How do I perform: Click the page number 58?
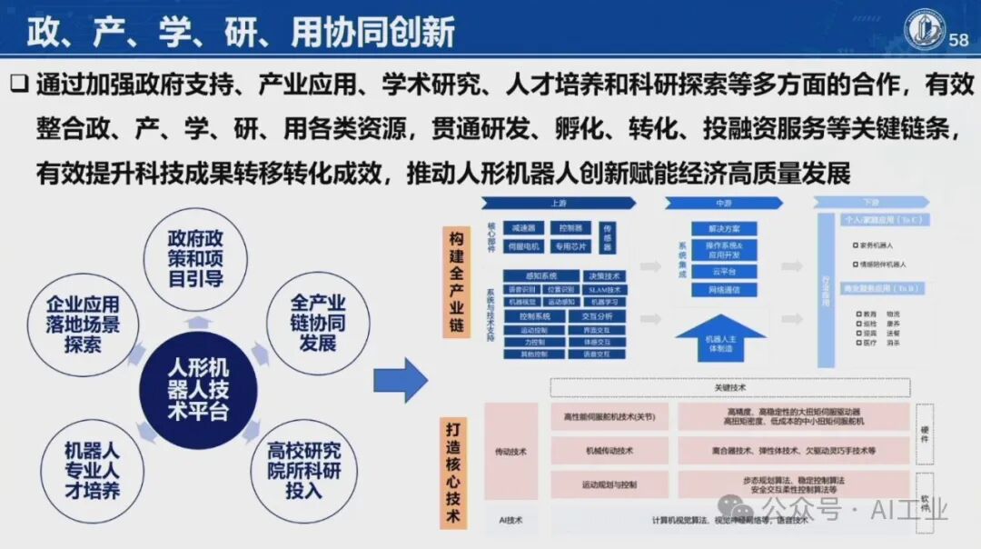(958, 40)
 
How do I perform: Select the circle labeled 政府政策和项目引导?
(195, 257)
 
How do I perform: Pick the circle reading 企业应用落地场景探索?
(83, 323)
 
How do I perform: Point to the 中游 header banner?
(723, 204)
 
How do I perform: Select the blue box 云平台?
(723, 272)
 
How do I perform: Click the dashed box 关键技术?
(729, 388)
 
